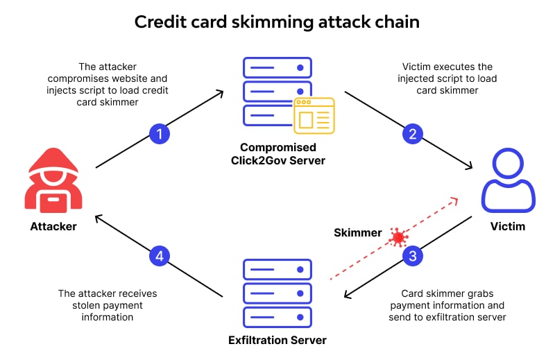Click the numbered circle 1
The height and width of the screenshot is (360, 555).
tap(160, 135)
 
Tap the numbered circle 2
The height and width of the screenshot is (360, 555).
tap(413, 135)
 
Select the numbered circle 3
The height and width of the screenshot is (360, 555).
tap(413, 256)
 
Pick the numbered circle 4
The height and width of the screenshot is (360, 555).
tap(160, 256)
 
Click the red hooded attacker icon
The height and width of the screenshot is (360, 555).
tap(53, 183)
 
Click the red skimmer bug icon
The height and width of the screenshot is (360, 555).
tap(398, 237)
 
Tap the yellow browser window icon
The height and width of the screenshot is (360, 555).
tap(314, 115)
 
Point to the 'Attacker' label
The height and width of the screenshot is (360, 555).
tap(53, 226)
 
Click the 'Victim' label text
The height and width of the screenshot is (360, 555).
tap(509, 226)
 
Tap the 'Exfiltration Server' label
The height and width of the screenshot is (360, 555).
tap(277, 340)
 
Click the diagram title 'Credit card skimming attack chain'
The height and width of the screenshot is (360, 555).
tap(277, 22)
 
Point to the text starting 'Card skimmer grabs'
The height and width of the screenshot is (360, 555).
tap(447, 305)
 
